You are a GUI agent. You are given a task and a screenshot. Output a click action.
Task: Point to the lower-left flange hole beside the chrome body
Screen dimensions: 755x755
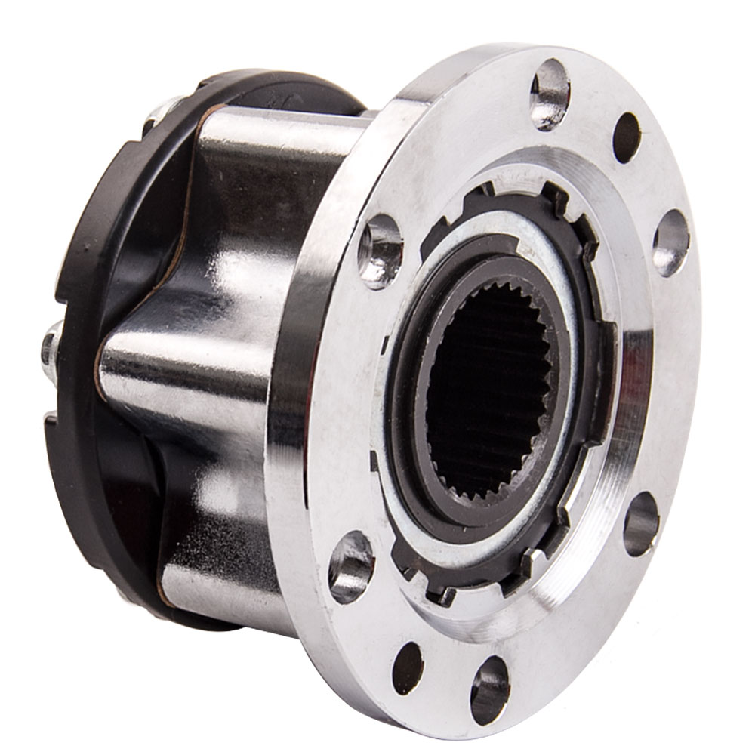tap(351, 566)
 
